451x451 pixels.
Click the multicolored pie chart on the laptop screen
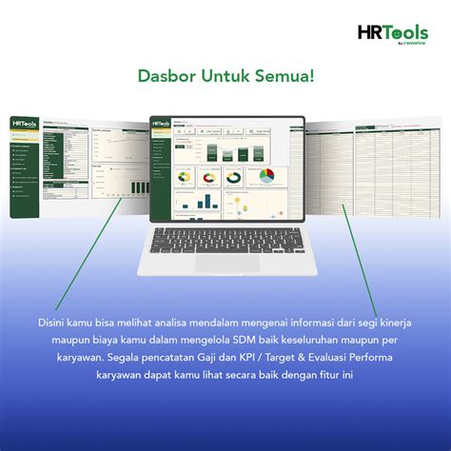pyautogui.click(x=267, y=177)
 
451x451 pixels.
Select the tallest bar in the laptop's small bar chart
pyautogui.click(x=209, y=199)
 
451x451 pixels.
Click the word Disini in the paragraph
pyautogui.click(x=56, y=322)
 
